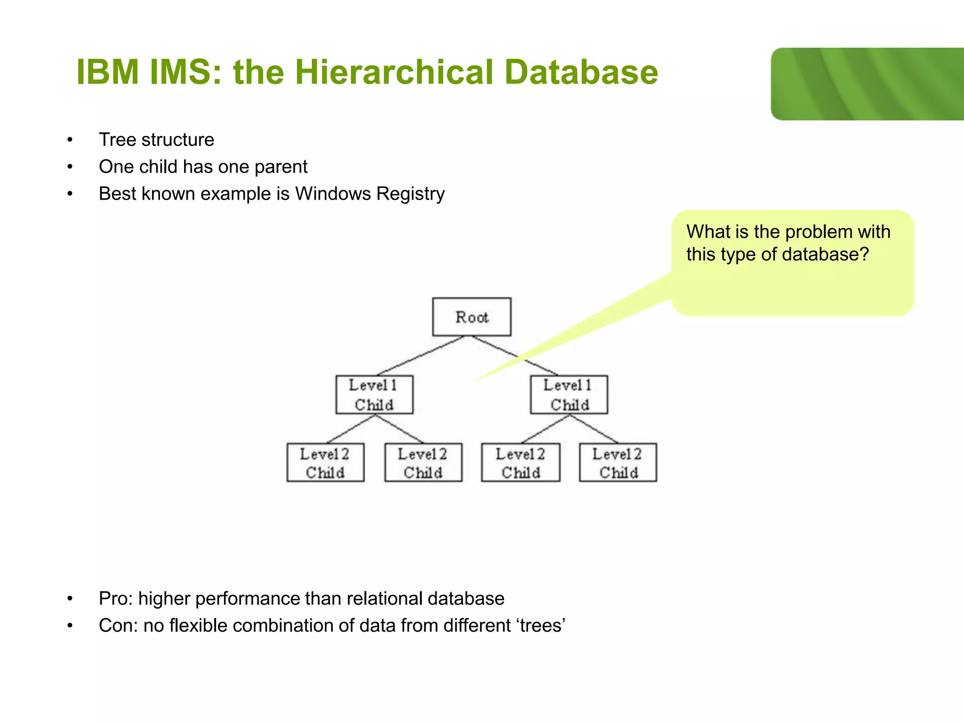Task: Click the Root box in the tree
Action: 472,317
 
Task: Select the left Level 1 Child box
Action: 374,395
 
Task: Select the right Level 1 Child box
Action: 569,395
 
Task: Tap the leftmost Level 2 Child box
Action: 325,463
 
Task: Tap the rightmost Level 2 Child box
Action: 618,463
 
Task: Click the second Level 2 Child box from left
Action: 423,463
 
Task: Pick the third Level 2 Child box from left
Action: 521,463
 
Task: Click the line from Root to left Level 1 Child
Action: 420,356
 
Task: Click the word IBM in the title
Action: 107,72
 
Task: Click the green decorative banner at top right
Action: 867,84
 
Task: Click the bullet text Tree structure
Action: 156,140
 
